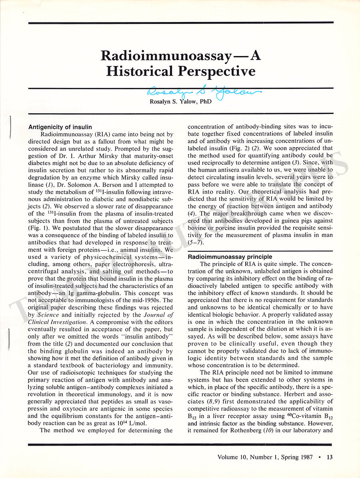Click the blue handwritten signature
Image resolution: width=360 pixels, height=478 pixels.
pos(204,93)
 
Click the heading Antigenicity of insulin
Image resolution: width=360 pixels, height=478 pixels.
pos(60,127)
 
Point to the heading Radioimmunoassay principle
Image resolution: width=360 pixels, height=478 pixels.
pos(230,256)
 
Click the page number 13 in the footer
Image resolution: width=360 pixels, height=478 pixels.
pos(330,457)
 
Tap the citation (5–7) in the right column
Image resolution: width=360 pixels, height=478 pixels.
pos(196,242)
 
